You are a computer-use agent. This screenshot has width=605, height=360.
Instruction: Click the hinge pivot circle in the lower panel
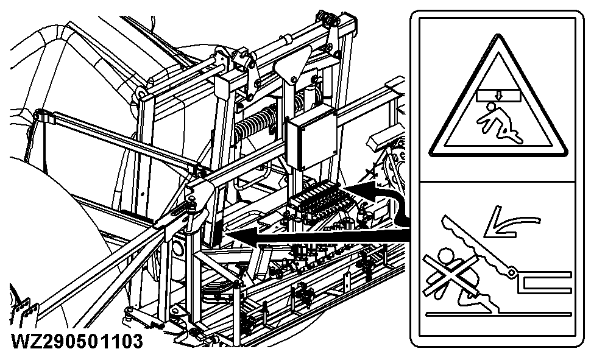(512, 272)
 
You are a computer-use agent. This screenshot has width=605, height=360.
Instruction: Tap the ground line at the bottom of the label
(498, 314)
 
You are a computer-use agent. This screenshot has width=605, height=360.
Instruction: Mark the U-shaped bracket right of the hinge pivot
(543, 280)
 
